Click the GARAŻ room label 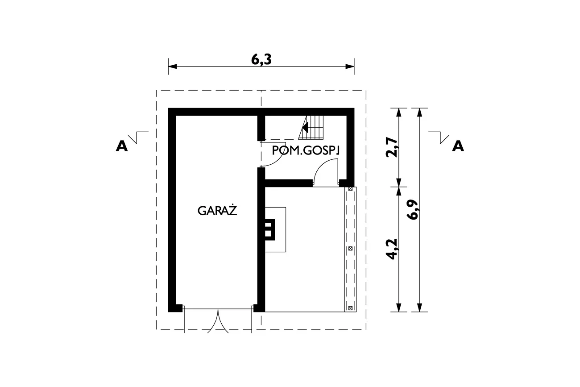pos(217,210)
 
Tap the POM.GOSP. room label pos(306,150)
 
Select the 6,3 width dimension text pos(261,59)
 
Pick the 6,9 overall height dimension pos(413,210)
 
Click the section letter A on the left pos(122,146)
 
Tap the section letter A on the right pos(458,146)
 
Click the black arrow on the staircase pos(305,128)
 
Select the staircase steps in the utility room pos(311,128)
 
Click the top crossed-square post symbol pos(350,189)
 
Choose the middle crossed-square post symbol pos(350,249)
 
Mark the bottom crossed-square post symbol pos(350,308)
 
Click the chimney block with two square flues pos(269,229)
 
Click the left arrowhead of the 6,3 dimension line pos(173,67)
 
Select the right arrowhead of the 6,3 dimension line pos(350,67)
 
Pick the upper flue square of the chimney pos(268,224)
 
